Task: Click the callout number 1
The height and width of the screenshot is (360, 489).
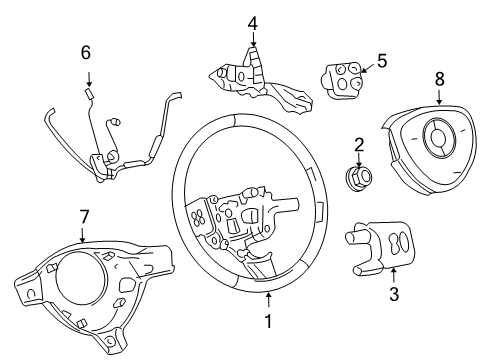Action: pyautogui.click(x=268, y=323)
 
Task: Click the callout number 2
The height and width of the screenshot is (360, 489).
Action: pyautogui.click(x=359, y=145)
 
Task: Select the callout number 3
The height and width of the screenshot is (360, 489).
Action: pyautogui.click(x=393, y=294)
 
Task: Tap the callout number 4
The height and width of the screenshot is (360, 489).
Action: pyautogui.click(x=253, y=22)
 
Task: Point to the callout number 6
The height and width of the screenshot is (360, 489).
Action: pyautogui.click(x=86, y=52)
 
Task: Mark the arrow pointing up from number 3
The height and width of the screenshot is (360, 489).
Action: pyautogui.click(x=393, y=277)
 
